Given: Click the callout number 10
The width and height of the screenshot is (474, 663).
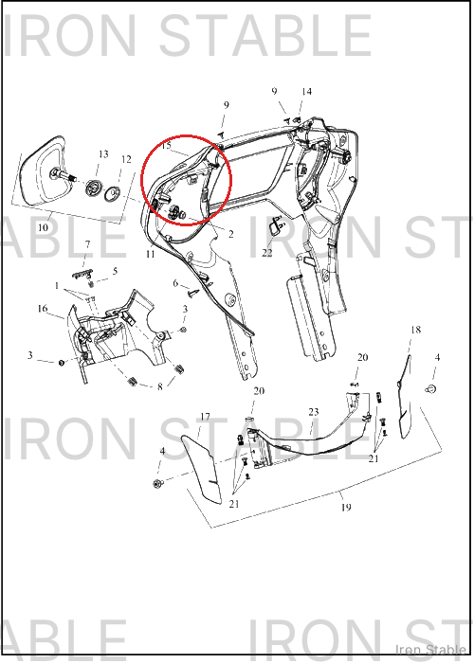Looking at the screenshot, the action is pyautogui.click(x=44, y=228).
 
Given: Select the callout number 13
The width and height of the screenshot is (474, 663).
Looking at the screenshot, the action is pyautogui.click(x=103, y=154).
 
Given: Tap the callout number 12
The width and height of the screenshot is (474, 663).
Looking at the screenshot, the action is pyautogui.click(x=126, y=160).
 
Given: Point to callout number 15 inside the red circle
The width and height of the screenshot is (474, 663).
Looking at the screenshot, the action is pyautogui.click(x=166, y=146).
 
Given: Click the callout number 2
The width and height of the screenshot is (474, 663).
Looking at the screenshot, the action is pyautogui.click(x=231, y=234).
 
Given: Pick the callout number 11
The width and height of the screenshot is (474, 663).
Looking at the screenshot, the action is pyautogui.click(x=150, y=255).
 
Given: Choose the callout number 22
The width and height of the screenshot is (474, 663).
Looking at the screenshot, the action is pyautogui.click(x=267, y=253).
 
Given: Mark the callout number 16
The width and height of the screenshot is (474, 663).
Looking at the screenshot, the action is pyautogui.click(x=43, y=309).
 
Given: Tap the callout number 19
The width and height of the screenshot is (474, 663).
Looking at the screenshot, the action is pyautogui.click(x=346, y=507).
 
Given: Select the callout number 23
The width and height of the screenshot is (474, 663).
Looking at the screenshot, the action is pyautogui.click(x=313, y=412).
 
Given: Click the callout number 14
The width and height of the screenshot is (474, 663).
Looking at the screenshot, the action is pyautogui.click(x=307, y=92).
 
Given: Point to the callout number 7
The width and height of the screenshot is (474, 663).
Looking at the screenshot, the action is pyautogui.click(x=87, y=244).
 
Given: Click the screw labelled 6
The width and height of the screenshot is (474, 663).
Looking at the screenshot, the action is pyautogui.click(x=193, y=292).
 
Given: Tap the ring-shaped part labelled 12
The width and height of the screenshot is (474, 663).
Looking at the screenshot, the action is pyautogui.click(x=113, y=195).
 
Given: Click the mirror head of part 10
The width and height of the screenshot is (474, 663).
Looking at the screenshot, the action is pyautogui.click(x=43, y=170).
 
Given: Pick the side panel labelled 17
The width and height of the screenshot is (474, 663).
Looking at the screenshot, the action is pyautogui.click(x=202, y=470).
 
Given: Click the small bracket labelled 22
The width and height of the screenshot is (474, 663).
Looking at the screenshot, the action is pyautogui.click(x=276, y=224).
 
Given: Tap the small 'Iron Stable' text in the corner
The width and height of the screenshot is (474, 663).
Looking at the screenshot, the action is pyautogui.click(x=430, y=650).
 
